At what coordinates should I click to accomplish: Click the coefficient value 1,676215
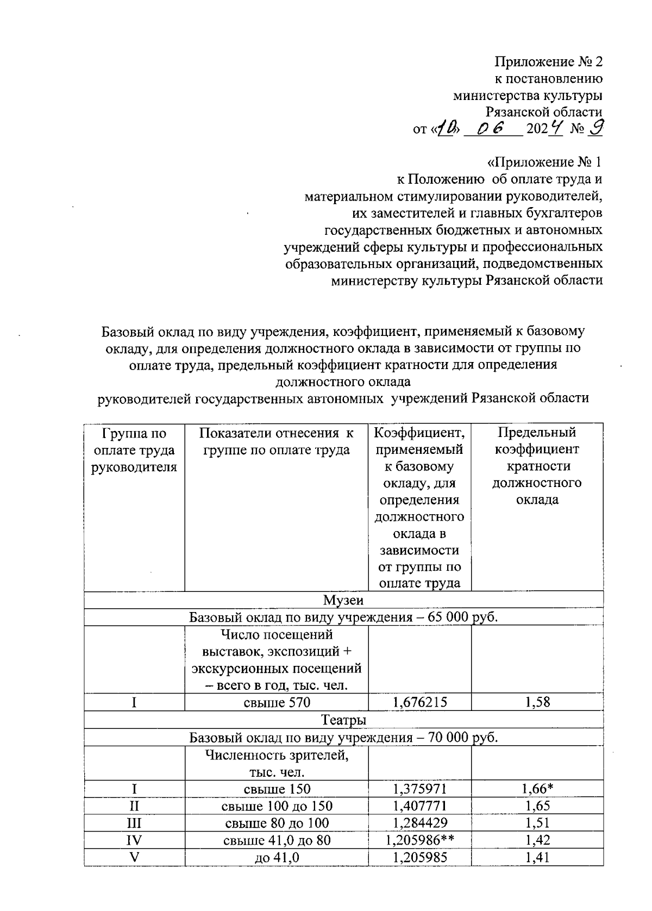pos(419,702)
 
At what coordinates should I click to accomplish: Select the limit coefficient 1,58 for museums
pos(537,702)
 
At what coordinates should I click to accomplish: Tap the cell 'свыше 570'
pos(277,702)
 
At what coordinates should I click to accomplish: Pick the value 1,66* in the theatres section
pos(537,789)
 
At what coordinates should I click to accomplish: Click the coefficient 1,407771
pos(419,806)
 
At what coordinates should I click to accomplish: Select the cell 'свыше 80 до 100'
pos(277,823)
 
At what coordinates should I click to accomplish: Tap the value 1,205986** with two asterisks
pos(419,840)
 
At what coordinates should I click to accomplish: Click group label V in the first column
pos(134,857)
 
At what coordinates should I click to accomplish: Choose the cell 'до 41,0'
pos(277,857)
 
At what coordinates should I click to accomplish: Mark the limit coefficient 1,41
pos(537,857)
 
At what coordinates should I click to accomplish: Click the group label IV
pos(134,840)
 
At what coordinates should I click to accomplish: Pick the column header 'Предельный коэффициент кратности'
pos(537,466)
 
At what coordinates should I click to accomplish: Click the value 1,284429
pos(419,823)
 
